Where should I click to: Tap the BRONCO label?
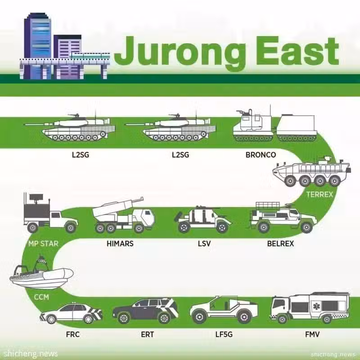pos(261,155)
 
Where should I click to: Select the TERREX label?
pos(319,194)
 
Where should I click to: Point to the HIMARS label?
pos(120,243)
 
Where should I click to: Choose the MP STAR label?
pos(43,243)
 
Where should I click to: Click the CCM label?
pos(41,297)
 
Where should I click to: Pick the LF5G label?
pos(224,334)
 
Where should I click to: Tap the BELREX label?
pos(280,243)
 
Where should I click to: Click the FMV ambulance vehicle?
pos(310,308)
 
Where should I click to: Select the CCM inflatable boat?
pos(41,274)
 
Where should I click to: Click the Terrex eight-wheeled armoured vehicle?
pos(311,171)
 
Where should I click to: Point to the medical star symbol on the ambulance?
pos(316,306)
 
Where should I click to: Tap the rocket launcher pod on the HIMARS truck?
pos(117,208)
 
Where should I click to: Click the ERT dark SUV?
pos(145,310)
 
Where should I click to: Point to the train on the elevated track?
pos(91,55)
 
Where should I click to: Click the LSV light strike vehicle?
pos(203,220)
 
